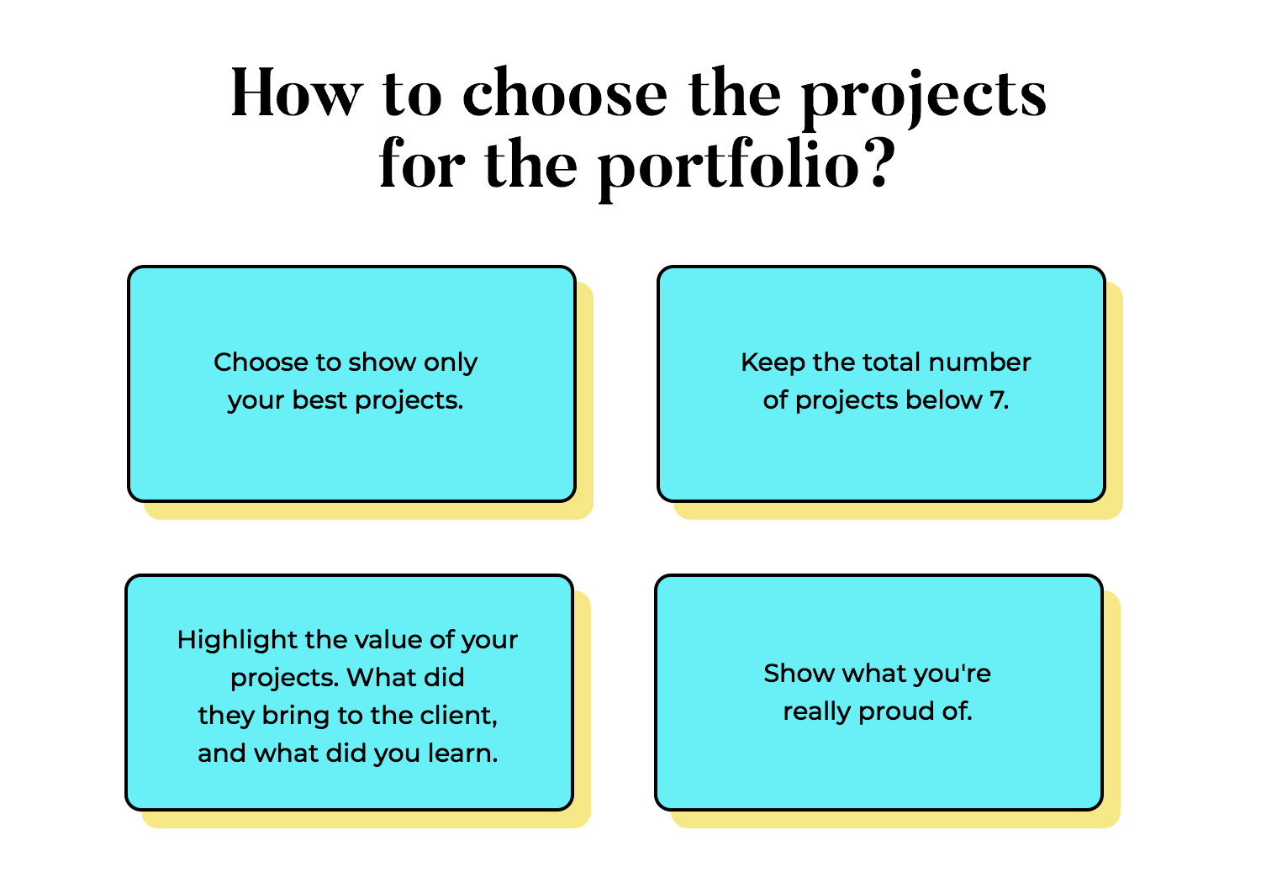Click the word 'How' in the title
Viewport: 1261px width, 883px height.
point(296,93)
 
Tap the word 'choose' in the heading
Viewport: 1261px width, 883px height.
point(564,93)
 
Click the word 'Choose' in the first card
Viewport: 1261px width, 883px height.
point(261,362)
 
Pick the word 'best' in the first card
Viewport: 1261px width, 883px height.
point(319,400)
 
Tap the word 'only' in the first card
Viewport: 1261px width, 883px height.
point(451,362)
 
